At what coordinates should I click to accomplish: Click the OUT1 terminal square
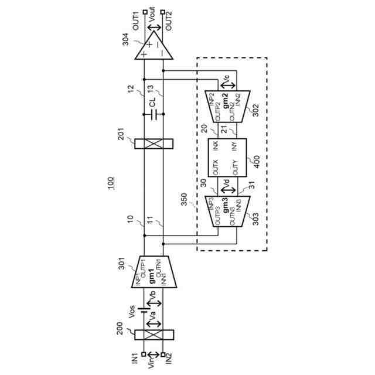(145, 12)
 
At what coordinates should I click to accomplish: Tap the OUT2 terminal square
(163, 12)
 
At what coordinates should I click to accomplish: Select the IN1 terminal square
(144, 354)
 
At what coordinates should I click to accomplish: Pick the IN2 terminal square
(163, 354)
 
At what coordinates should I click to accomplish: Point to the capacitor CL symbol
(154, 114)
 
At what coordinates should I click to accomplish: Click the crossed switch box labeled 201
(154, 144)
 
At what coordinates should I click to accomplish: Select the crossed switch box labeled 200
(154, 335)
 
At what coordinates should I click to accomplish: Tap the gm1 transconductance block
(154, 272)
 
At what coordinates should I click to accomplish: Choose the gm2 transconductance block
(227, 107)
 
